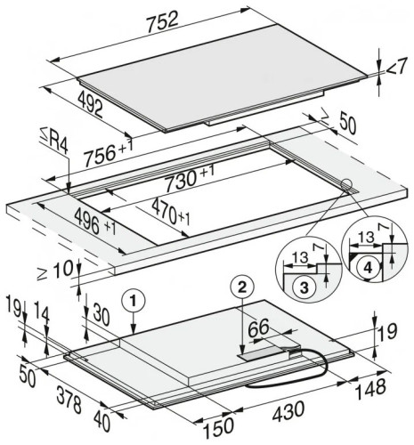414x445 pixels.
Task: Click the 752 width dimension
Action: point(163,23)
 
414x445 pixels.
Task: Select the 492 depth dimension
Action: point(91,104)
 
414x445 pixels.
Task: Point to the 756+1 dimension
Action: point(108,152)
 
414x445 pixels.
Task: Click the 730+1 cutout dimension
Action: point(190,179)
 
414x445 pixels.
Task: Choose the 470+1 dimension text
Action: point(170,212)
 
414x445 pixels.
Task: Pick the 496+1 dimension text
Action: point(95,222)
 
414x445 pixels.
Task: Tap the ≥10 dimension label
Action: point(55,270)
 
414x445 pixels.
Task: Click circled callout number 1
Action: point(134,302)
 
